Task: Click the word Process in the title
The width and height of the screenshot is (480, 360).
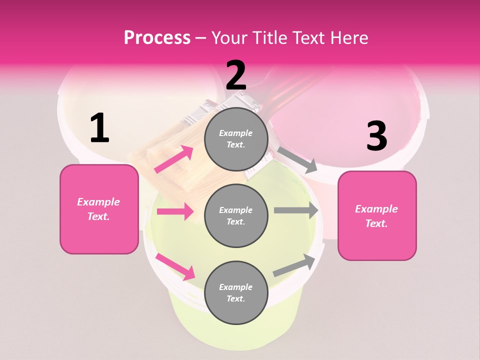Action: point(157,37)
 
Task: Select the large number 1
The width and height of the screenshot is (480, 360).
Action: point(99,128)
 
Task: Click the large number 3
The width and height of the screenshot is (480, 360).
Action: point(377,136)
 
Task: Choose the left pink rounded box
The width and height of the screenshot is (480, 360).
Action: point(99,209)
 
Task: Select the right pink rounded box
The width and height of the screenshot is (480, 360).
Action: point(377,215)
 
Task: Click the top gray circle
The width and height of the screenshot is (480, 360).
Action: point(236,139)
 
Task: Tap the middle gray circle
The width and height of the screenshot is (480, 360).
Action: point(236,215)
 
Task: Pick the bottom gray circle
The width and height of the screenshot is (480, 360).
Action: point(236,292)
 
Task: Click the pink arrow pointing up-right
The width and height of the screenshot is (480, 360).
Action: point(174,159)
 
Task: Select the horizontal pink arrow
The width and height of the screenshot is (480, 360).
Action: point(175,211)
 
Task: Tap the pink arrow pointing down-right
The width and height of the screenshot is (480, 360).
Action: point(175,266)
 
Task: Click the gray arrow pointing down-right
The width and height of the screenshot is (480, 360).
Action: point(297,159)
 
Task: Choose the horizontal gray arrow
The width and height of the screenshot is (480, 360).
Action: point(296,210)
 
